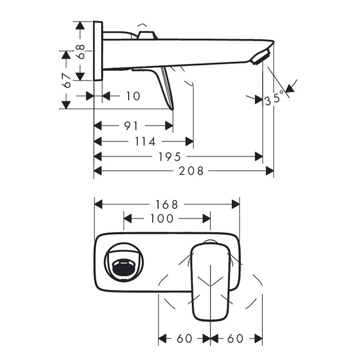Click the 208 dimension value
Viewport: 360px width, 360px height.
[x=191, y=171]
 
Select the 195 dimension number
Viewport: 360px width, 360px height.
[x=170, y=157]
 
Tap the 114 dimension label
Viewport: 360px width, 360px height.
[x=145, y=141]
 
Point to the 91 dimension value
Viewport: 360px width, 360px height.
[x=131, y=126]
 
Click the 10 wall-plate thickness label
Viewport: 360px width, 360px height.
[x=133, y=96]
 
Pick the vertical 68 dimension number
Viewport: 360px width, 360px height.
[x=81, y=52]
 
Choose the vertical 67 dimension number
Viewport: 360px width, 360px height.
[x=67, y=81]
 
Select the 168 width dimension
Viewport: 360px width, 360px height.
[x=167, y=205]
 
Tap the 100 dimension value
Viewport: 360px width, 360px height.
[x=161, y=219]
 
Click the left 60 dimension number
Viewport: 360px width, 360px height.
[x=184, y=338]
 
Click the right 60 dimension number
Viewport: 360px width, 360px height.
[x=236, y=338]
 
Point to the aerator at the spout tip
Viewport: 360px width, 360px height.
[x=260, y=57]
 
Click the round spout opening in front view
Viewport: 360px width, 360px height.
[x=124, y=262]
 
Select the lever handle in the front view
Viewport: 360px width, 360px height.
[x=210, y=281]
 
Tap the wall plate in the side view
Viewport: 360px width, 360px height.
[x=98, y=51]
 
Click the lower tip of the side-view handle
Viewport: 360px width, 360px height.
[x=173, y=110]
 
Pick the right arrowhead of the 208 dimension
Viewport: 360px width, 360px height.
[x=270, y=171]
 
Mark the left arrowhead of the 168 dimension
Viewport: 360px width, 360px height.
[x=98, y=204]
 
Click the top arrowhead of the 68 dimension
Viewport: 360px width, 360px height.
[x=80, y=26]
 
